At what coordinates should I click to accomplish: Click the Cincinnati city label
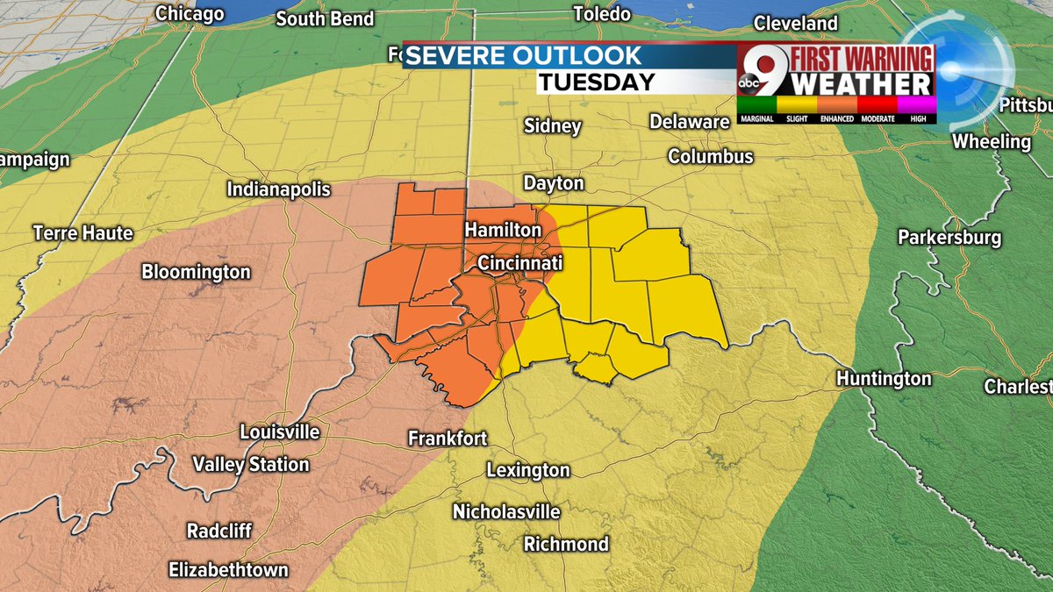pos(519,263)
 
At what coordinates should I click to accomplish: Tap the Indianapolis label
pos(278,189)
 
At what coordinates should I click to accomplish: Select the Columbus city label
pos(710,157)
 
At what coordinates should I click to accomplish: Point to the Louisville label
pos(279,432)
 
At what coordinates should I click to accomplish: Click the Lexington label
pos(527,471)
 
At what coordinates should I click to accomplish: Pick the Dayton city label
pos(553,183)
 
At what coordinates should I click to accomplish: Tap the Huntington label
pos(883,379)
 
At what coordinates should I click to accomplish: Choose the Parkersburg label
pos(949,238)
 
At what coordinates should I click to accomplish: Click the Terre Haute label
pos(82,233)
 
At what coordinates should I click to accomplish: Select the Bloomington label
pos(196,272)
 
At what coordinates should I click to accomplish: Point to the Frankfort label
pos(448,438)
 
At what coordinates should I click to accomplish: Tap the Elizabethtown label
pos(228,569)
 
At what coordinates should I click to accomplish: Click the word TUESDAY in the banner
pos(596,82)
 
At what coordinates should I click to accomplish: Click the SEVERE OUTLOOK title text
pos(525,56)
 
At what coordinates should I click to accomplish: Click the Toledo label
pos(601,13)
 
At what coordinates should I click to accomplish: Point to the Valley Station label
pos(250,465)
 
